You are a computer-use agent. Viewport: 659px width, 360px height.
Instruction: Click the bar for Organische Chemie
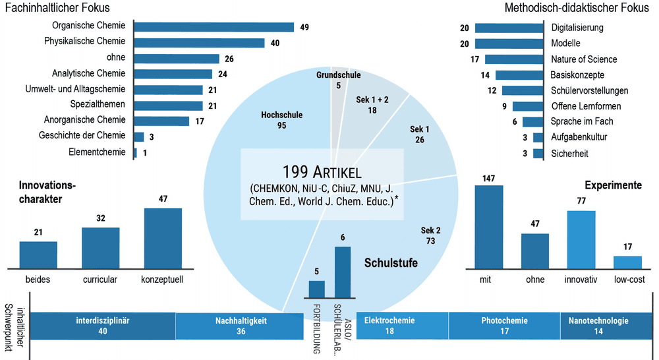pyautogui.click(x=214, y=27)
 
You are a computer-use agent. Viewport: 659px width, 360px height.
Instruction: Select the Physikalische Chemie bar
pyautogui.click(x=199, y=43)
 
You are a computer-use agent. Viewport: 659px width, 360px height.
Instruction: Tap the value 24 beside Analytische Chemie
pyautogui.click(x=222, y=75)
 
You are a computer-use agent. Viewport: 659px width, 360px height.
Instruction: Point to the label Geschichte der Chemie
pyautogui.click(x=82, y=135)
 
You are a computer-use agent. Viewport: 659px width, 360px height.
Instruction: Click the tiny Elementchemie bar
pyautogui.click(x=135, y=153)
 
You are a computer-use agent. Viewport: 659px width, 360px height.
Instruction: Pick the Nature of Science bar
pyautogui.click(x=514, y=59)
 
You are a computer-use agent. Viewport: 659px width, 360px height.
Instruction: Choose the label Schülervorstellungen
pyautogui.click(x=590, y=91)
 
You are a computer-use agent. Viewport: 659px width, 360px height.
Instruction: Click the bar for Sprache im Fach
pyautogui.click(x=533, y=122)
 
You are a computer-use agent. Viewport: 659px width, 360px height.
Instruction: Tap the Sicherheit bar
pyautogui.click(x=538, y=154)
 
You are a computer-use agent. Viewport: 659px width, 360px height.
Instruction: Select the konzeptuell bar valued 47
pyautogui.click(x=163, y=239)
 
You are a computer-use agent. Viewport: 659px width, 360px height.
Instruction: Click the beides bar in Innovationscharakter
pyautogui.click(x=38, y=255)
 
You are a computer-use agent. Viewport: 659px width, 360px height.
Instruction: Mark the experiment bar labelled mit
pyautogui.click(x=489, y=227)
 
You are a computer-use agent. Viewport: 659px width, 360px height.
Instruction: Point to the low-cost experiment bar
pyautogui.click(x=627, y=262)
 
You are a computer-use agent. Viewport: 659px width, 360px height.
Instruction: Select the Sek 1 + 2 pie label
pyautogui.click(x=372, y=105)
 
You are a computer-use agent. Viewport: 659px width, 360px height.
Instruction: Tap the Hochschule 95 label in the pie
pyautogui.click(x=281, y=120)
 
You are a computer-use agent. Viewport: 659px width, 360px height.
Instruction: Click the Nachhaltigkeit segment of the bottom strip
pyautogui.click(x=240, y=326)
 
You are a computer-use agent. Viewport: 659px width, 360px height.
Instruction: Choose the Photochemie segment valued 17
pyautogui.click(x=504, y=326)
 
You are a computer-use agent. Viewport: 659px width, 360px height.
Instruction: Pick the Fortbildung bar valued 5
pyautogui.click(x=317, y=289)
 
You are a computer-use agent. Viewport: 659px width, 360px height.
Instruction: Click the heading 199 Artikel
pyautogui.click(x=322, y=172)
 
